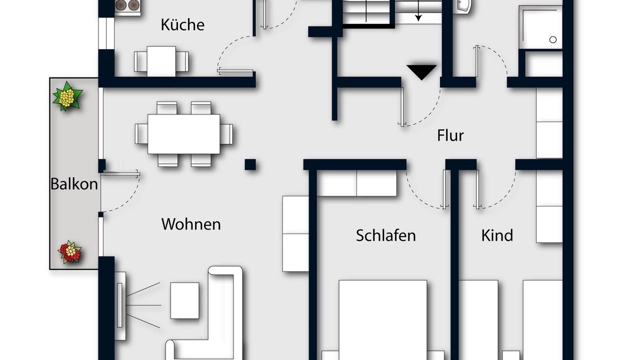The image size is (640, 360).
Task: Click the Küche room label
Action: pos(182,24)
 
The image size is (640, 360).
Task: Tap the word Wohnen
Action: pos(191,224)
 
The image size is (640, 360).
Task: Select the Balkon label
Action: pos(74,184)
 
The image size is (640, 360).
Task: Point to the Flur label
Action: pos(450,135)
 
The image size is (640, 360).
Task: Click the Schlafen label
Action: pos(385,235)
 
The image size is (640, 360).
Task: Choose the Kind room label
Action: pos(497,235)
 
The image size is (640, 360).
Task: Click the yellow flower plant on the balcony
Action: pos(67,96)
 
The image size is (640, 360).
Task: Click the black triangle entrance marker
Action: pos(421,72)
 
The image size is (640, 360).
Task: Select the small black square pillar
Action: pos(250,165)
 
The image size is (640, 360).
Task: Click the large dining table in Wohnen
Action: pos(183,134)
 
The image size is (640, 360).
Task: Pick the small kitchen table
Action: pos(161,61)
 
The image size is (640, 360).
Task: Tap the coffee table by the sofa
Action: pos(185,300)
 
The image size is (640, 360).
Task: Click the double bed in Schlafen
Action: pos(383,320)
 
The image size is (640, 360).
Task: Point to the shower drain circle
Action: pos(553,39)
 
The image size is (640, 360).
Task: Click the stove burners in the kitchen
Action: pos(127,5)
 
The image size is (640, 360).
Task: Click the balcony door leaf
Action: pos(120,173)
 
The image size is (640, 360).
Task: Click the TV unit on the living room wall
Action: pos(120,305)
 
